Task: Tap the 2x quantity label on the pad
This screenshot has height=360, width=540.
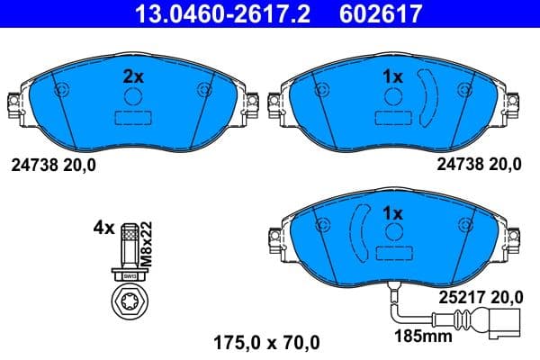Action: pos(132,76)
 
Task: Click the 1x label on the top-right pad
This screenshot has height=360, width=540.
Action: pos(391,77)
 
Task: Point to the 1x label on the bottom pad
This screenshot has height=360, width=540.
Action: pos(391,214)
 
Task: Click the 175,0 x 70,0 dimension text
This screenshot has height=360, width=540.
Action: pos(265,342)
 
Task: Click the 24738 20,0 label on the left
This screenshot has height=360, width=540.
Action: pos(53,165)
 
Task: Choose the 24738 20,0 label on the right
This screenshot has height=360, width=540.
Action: pos(480,165)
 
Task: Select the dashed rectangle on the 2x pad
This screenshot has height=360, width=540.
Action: pos(132,117)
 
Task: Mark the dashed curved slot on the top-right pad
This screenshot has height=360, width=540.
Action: pos(430,96)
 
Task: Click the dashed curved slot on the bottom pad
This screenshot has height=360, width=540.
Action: pos(357,233)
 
